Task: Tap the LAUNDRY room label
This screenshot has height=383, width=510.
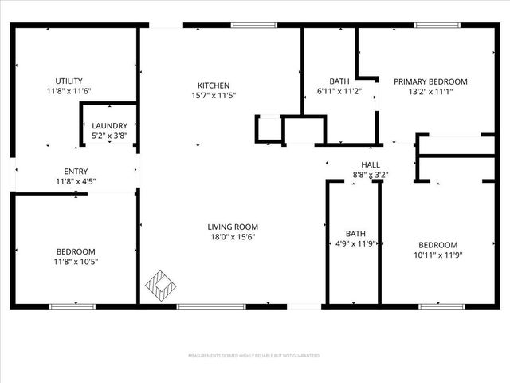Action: (109, 126)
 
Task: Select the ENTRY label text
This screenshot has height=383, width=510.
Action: (76, 171)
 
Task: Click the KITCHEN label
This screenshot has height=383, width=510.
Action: (214, 85)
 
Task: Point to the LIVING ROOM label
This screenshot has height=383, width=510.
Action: (232, 226)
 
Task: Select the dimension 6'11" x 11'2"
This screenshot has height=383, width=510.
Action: (340, 92)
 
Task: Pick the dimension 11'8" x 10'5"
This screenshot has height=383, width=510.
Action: (76, 261)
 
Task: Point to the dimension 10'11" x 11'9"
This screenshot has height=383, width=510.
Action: (438, 255)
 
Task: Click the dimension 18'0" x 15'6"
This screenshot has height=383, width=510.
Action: (232, 236)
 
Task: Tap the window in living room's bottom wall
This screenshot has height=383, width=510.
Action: (200, 306)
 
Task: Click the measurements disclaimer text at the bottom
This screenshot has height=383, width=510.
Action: (254, 355)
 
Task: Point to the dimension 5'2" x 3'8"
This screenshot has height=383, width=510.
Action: (109, 136)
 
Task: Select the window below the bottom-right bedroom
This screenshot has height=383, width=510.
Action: (441, 306)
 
